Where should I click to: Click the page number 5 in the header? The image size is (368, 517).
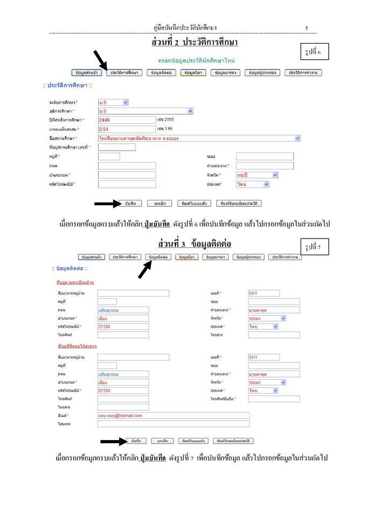[x=307, y=27]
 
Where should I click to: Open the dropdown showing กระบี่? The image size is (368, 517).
[x=257, y=175]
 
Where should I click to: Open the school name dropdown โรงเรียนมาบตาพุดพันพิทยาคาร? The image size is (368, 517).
[x=199, y=138]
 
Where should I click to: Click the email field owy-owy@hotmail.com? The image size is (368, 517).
[x=173, y=416]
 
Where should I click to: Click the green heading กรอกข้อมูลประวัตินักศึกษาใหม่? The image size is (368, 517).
[x=196, y=60]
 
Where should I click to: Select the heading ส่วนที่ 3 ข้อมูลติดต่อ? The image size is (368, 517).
[x=195, y=244]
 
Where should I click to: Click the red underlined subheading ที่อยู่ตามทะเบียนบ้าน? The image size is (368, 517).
[x=75, y=282]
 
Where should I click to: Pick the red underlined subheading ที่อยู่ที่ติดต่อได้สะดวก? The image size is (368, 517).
[x=77, y=346]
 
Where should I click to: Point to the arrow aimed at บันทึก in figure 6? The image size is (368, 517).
[x=108, y=204]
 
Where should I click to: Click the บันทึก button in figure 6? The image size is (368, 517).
[x=130, y=204]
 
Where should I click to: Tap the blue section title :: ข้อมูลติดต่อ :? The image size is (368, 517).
[x=70, y=268]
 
